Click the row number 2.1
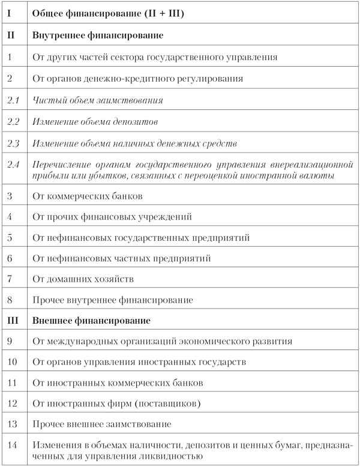tap(13, 100)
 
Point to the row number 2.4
tap(13, 163)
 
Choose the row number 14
tap(13, 445)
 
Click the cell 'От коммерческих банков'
tap(88, 196)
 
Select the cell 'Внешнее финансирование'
tap(91, 321)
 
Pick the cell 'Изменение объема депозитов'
tap(95, 122)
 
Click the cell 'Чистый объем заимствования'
tap(98, 100)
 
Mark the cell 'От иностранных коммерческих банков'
tap(118, 383)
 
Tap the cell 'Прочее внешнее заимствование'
tap(102, 424)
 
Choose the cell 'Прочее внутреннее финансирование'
tap(113, 300)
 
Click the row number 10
tap(13, 362)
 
